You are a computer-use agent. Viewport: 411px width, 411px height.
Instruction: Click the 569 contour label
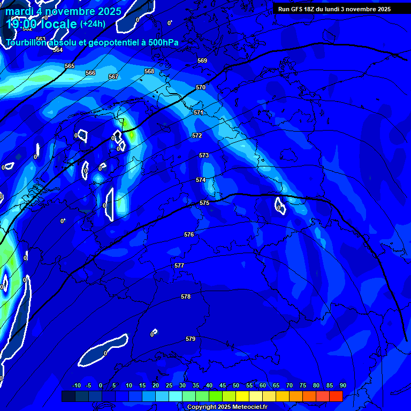click(x=202, y=60)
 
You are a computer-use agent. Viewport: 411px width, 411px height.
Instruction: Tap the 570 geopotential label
click(x=201, y=87)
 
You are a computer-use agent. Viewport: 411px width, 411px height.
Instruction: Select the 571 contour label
click(x=199, y=112)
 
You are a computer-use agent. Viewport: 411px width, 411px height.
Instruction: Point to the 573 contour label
click(x=204, y=155)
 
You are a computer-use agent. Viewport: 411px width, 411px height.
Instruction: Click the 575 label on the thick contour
click(x=204, y=203)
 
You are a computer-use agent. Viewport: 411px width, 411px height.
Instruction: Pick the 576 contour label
click(x=189, y=234)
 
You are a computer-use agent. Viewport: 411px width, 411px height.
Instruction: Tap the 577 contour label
click(x=179, y=265)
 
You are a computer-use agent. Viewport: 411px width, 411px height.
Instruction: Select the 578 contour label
click(x=186, y=296)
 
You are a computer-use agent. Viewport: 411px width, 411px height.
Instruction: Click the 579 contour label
click(x=191, y=339)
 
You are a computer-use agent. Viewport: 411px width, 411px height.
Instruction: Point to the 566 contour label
click(x=90, y=73)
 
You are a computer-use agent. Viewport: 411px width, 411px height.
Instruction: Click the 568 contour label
click(x=149, y=71)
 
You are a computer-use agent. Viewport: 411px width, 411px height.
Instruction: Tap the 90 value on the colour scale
click(x=342, y=385)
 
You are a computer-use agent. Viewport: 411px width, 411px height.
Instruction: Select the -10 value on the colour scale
click(x=77, y=385)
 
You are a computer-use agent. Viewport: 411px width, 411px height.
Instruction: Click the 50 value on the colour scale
click(x=236, y=385)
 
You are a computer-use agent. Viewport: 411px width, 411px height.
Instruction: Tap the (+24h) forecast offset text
click(x=93, y=24)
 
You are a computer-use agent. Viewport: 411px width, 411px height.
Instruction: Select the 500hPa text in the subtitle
click(x=160, y=42)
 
